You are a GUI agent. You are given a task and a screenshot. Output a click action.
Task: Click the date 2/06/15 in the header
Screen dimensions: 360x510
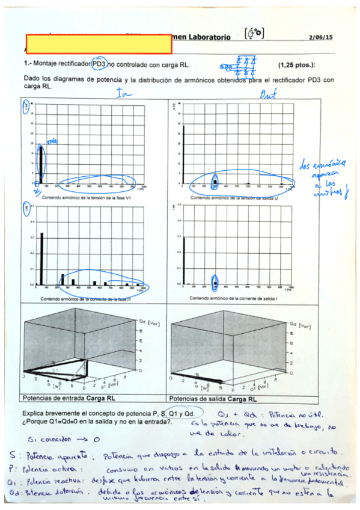[x=320, y=37]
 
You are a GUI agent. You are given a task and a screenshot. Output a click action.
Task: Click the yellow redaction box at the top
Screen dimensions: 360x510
[x=99, y=44]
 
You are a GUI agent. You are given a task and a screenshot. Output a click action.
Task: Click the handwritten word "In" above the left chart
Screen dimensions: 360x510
[x=124, y=93]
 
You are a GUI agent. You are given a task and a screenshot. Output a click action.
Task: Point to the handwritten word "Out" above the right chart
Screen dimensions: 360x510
[x=267, y=94]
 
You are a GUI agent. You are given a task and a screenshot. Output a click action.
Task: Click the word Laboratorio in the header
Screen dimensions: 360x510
[x=202, y=37]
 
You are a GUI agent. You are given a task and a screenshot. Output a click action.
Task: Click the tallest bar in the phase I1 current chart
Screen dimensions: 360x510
[x=41, y=258]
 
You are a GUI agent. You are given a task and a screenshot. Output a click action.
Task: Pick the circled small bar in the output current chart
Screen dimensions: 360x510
[x=215, y=280]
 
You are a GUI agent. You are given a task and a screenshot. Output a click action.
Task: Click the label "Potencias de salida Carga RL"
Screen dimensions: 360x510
[x=213, y=398]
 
